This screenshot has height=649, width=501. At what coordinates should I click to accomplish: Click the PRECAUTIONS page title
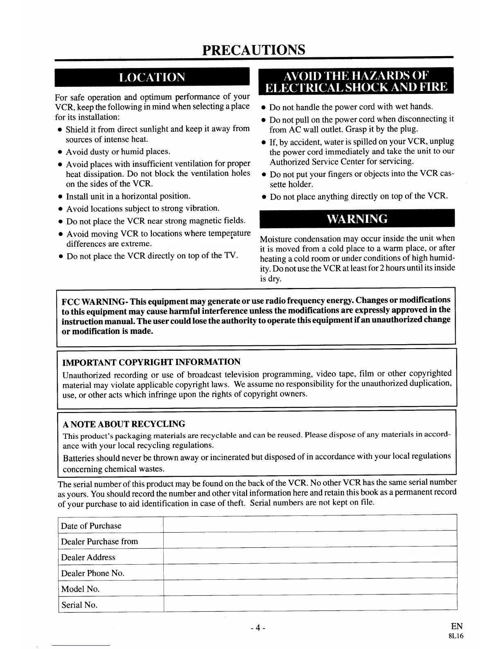point(254,50)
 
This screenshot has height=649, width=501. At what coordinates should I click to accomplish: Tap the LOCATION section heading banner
point(152,77)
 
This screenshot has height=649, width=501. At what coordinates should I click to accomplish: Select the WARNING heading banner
point(357,218)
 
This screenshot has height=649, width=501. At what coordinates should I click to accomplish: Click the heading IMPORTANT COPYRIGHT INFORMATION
point(151,362)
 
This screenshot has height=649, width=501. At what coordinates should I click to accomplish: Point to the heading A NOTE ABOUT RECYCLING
point(124,424)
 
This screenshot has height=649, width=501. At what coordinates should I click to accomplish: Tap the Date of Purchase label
point(91,526)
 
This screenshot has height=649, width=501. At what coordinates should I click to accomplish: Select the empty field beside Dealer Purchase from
point(309,541)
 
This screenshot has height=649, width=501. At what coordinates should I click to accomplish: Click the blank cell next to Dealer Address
point(309,557)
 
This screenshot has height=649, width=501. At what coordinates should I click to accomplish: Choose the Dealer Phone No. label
point(93,573)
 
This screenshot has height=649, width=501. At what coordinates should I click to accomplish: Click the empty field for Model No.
point(309,589)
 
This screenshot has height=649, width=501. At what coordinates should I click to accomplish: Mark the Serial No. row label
point(79,605)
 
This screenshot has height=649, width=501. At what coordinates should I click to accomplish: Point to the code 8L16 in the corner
point(456,637)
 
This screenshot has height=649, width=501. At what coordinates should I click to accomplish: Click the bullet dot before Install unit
point(60,197)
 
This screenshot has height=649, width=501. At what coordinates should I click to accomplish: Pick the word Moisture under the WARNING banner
point(276,239)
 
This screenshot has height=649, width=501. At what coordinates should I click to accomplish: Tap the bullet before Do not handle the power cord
point(264,108)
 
